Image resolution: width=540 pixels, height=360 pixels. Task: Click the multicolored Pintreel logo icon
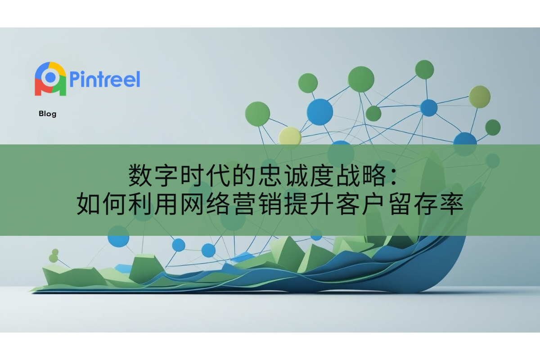pyautogui.click(x=50, y=79)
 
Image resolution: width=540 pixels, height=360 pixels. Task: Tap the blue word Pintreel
pyautogui.click(x=104, y=79)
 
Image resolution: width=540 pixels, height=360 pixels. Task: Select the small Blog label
pyautogui.click(x=48, y=114)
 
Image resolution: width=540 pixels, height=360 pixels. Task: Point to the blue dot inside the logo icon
pyautogui.click(x=50, y=77)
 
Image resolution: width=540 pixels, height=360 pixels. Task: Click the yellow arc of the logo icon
pyautogui.click(x=58, y=67)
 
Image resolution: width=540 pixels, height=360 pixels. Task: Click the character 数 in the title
pyautogui.click(x=140, y=176)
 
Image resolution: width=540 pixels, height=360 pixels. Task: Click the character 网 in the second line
pyautogui.click(x=192, y=204)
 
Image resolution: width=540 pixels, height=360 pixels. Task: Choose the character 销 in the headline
pyautogui.click(x=270, y=204)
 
